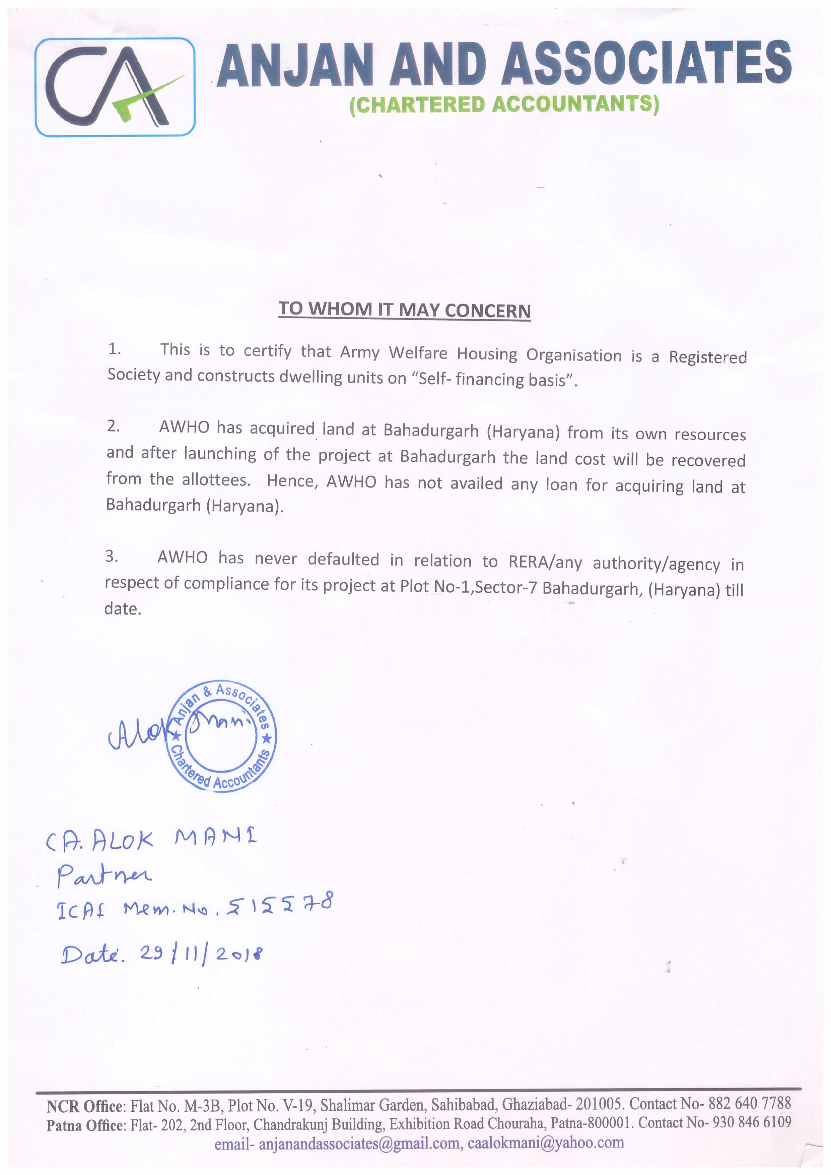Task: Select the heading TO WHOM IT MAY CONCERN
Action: [x=404, y=310]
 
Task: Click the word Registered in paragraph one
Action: [x=708, y=357]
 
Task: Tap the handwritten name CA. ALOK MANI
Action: [x=151, y=839]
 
